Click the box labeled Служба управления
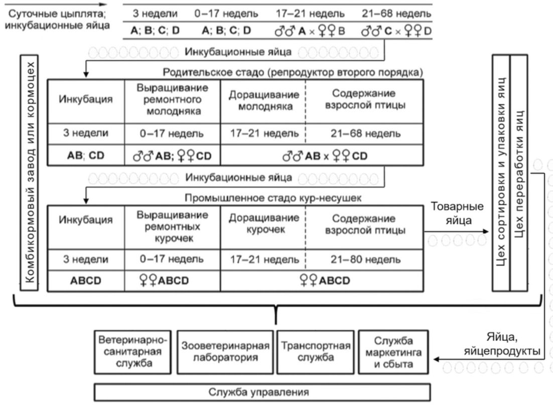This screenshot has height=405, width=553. tap(262, 392)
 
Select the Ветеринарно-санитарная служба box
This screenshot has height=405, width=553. tap(133, 352)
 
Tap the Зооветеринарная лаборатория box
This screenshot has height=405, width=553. tap(225, 352)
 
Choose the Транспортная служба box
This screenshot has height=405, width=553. tap(316, 352)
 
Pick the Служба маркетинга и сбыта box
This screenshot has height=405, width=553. tap(393, 352)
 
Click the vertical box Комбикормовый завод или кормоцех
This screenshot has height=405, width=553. tap(29, 172)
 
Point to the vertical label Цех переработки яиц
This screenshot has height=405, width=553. tap(519, 172)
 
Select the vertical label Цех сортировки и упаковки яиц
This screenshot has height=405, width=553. tap(501, 172)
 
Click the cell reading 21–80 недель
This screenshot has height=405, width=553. tap(365, 260)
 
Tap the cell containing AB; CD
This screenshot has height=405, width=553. tap(86, 155)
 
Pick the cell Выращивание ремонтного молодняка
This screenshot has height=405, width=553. tap(173, 100)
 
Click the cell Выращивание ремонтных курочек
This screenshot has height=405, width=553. tap(173, 227)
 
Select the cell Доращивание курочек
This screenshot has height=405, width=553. tap(263, 224)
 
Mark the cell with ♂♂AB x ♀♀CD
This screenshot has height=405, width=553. tap(322, 155)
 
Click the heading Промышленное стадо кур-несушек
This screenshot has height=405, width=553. tap(273, 198)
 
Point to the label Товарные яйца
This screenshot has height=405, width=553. tap(458, 214)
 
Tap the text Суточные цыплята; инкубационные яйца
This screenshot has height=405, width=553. tap(57, 20)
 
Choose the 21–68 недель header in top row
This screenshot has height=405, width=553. tap(396, 14)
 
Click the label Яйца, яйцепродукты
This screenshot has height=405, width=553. tap(502, 344)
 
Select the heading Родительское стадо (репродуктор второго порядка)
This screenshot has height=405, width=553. tap(293, 72)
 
